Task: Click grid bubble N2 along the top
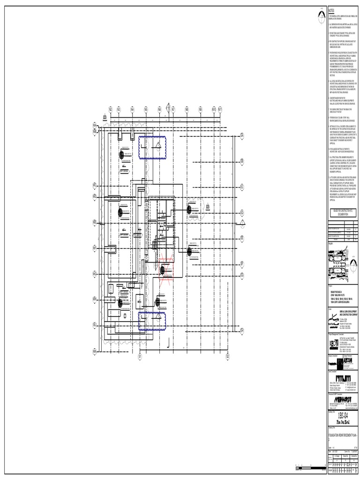[111, 109]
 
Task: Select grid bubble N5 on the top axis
[146, 109]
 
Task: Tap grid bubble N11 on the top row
[220, 109]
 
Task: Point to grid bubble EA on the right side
[242, 135]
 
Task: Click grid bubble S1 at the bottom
[140, 356]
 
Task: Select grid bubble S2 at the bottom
[227, 356]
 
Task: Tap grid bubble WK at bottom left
[94, 351]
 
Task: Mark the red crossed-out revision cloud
[165, 271]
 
